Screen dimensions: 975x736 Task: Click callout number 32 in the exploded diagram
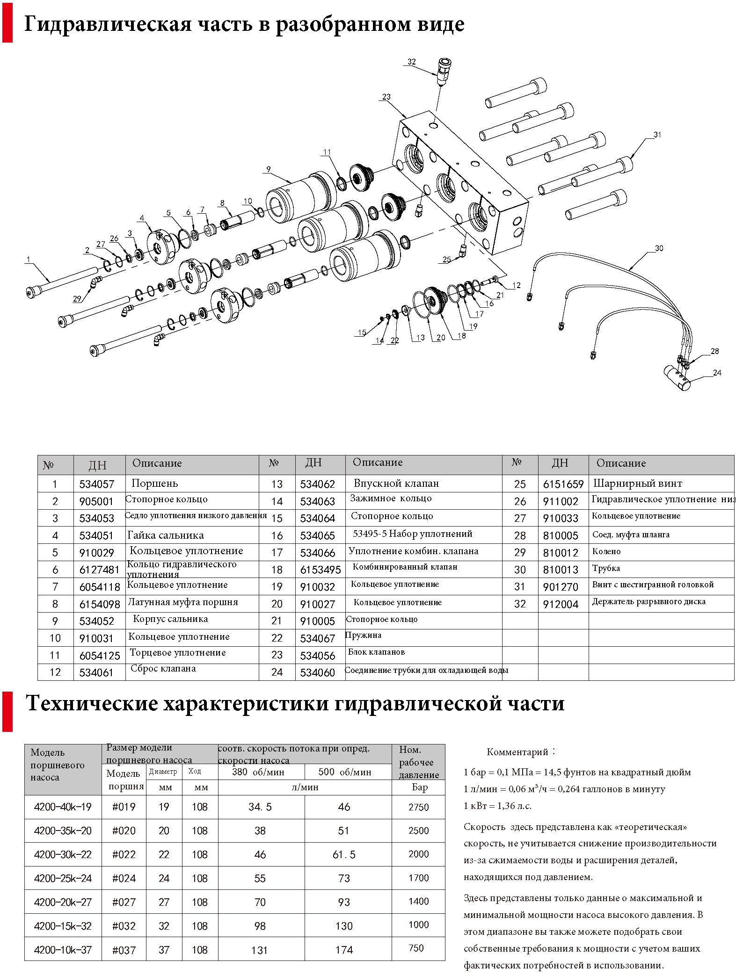[x=411, y=62]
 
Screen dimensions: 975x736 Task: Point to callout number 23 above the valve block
[x=386, y=97]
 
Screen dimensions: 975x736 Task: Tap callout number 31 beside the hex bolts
[x=657, y=135]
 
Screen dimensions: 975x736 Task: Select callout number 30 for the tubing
[x=659, y=248]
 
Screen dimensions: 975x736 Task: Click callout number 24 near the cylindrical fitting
[x=717, y=373]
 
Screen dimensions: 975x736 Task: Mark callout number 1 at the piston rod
[x=29, y=260]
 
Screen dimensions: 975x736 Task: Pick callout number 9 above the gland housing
[x=269, y=169]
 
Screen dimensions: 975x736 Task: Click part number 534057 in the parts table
[x=96, y=484]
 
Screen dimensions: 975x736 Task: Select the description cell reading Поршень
[x=154, y=483]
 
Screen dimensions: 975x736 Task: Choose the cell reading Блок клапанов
[x=376, y=652]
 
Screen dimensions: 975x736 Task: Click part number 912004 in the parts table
[x=561, y=604]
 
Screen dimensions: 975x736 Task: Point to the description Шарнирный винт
[x=637, y=483]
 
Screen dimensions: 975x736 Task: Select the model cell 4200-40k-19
[x=63, y=807]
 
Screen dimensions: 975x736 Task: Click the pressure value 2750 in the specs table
[x=418, y=807]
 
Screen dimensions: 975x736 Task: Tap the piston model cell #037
[x=124, y=950]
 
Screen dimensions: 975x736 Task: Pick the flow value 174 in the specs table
[x=344, y=950]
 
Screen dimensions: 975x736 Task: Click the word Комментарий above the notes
[x=517, y=752]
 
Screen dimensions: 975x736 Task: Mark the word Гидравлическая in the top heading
[x=108, y=24]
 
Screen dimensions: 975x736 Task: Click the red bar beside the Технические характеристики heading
[x=7, y=712]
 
